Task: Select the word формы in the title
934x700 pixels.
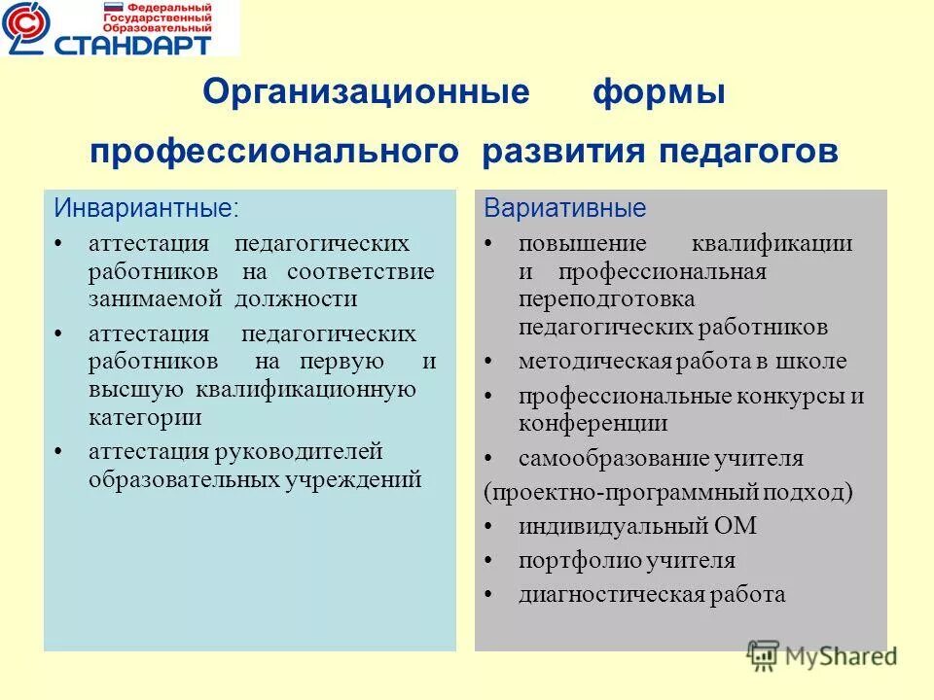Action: pos(659,94)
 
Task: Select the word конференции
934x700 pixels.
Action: pos(593,423)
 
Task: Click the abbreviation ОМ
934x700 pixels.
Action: pos(736,526)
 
